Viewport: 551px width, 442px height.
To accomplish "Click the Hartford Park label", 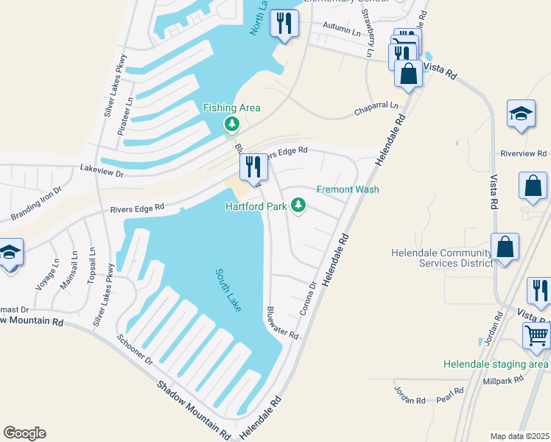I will [256, 206].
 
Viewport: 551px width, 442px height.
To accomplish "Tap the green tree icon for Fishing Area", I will [232, 124].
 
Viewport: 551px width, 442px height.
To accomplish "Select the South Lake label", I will [228, 290].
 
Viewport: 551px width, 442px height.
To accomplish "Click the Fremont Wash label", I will [348, 189].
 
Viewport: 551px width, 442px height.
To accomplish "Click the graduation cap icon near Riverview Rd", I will [521, 114].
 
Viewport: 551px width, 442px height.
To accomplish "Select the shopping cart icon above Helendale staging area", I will [536, 335].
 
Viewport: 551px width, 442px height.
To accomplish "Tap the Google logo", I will [24, 433].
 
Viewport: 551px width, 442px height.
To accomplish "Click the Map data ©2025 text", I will [519, 436].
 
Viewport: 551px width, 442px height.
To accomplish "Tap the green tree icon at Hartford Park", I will [298, 205].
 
